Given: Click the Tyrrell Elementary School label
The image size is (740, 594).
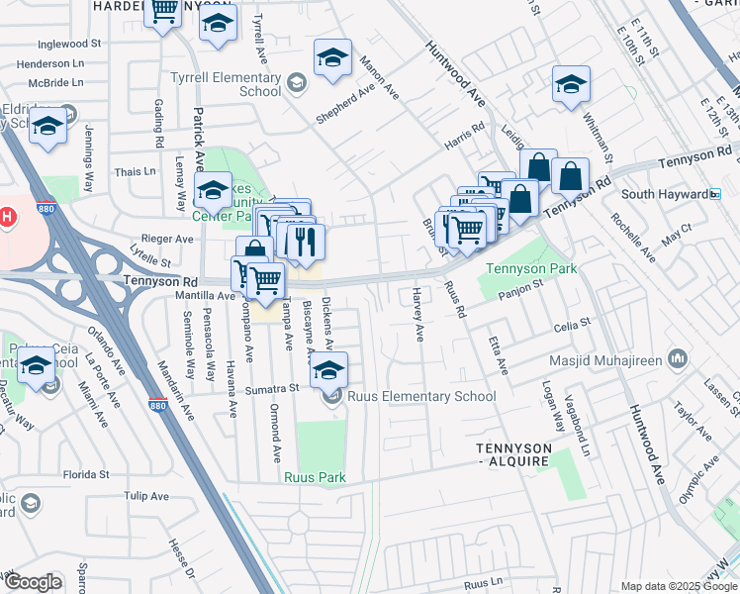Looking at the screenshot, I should point(226,84).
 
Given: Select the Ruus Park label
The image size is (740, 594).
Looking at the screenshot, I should point(315,477).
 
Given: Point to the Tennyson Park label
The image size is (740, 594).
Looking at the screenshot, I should point(531,269).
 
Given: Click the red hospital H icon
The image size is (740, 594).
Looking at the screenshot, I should point(6,215).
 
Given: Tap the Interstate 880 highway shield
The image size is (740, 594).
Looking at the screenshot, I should point(157,405).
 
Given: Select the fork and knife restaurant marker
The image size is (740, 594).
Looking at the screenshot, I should point(306,239).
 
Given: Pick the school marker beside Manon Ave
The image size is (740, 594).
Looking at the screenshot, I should point(332,58).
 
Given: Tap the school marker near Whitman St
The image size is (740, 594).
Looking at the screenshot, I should point(571,84).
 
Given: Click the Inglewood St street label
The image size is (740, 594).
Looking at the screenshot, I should point(69,45).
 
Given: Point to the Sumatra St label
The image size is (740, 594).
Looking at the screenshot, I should point(273,390).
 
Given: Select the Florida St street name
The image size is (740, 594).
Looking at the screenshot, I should point(85,474).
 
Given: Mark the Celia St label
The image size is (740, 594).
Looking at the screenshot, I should point(572,323).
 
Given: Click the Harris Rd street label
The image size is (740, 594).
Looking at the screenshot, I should point(464,129).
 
